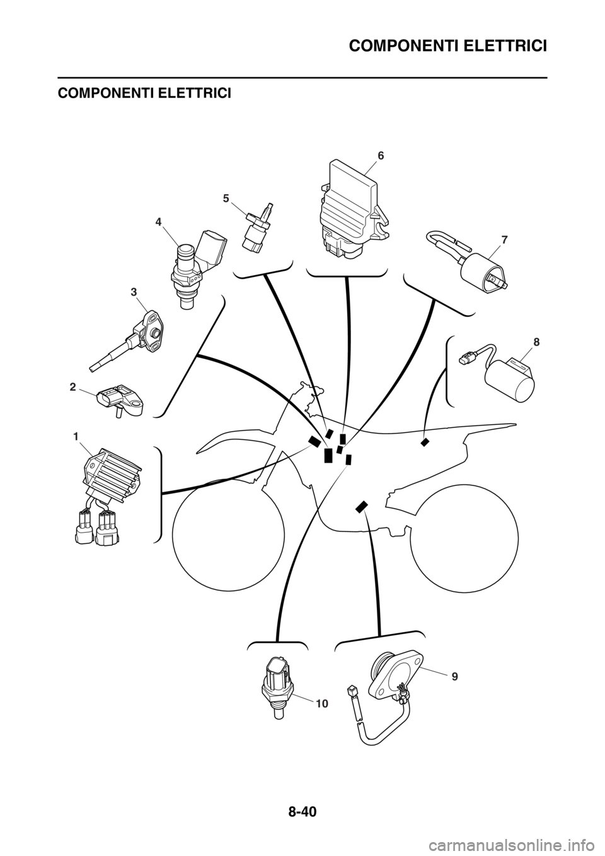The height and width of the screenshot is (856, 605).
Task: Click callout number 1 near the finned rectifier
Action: click(76, 436)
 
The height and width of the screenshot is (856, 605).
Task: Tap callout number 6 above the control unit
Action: click(381, 156)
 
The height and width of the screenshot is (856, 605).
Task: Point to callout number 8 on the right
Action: click(537, 342)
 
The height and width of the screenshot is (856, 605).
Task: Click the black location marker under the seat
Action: click(424, 442)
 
